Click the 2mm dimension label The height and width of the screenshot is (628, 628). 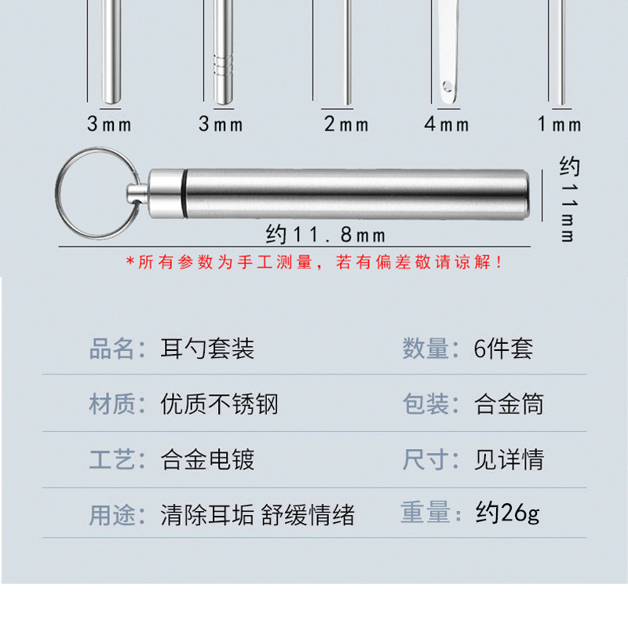point(346,124)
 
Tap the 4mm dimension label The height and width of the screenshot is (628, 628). point(447,124)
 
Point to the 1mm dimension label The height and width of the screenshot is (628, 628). point(560,124)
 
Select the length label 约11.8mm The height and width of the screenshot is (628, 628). point(325,233)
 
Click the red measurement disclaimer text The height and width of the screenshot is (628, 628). point(314,263)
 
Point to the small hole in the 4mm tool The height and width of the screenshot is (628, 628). point(447,84)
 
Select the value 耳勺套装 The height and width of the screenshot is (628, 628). point(207,349)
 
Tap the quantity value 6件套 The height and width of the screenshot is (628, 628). point(503,349)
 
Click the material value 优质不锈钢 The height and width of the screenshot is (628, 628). point(219,404)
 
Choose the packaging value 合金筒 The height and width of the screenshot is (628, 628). point(509,404)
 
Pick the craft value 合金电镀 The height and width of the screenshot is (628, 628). point(207,459)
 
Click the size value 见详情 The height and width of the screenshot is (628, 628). point(509,459)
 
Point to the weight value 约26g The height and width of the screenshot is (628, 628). point(507,514)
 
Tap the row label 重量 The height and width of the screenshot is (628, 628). point(427,514)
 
